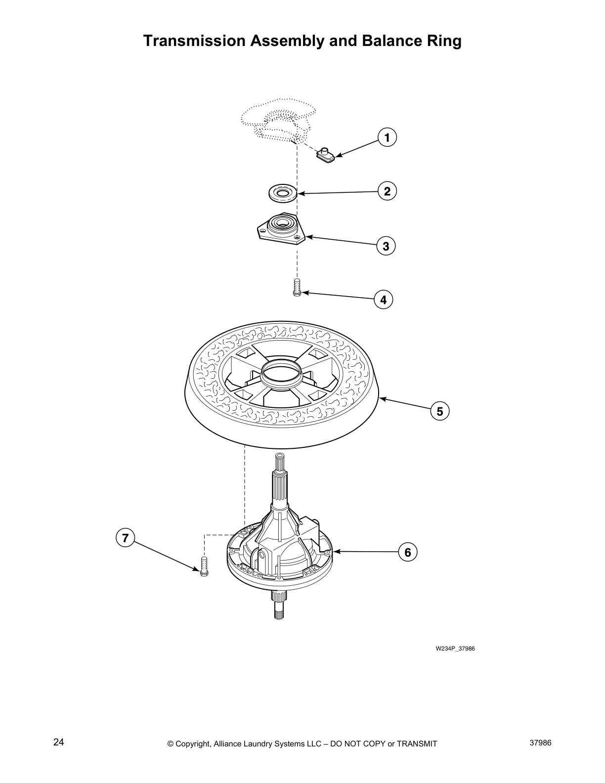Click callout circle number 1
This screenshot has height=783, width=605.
click(x=388, y=138)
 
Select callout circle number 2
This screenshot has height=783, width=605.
click(x=388, y=191)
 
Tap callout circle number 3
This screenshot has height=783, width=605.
click(x=386, y=246)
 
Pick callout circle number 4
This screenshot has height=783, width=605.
click(x=383, y=300)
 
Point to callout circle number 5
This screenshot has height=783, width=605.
click(x=439, y=411)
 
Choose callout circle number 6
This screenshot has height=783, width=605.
click(x=408, y=552)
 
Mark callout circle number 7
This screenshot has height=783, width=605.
click(x=126, y=538)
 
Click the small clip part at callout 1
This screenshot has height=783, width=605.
click(x=325, y=156)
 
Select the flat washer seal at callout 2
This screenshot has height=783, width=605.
click(x=283, y=193)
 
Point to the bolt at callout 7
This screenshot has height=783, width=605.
click(x=203, y=565)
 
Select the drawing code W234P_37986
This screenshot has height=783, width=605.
click(x=455, y=649)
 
